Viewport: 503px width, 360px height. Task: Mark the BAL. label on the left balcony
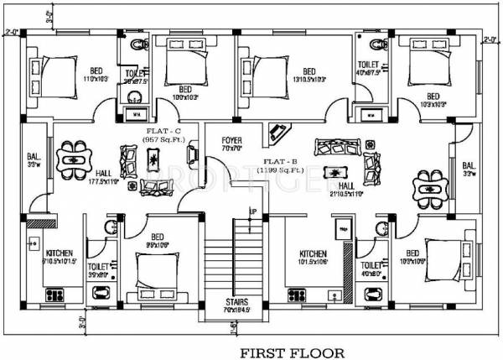(34, 156)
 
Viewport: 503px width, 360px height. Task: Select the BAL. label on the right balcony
(468, 165)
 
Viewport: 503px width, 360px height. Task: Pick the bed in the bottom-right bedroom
(449, 253)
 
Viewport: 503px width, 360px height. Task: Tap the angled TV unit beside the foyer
(276, 132)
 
